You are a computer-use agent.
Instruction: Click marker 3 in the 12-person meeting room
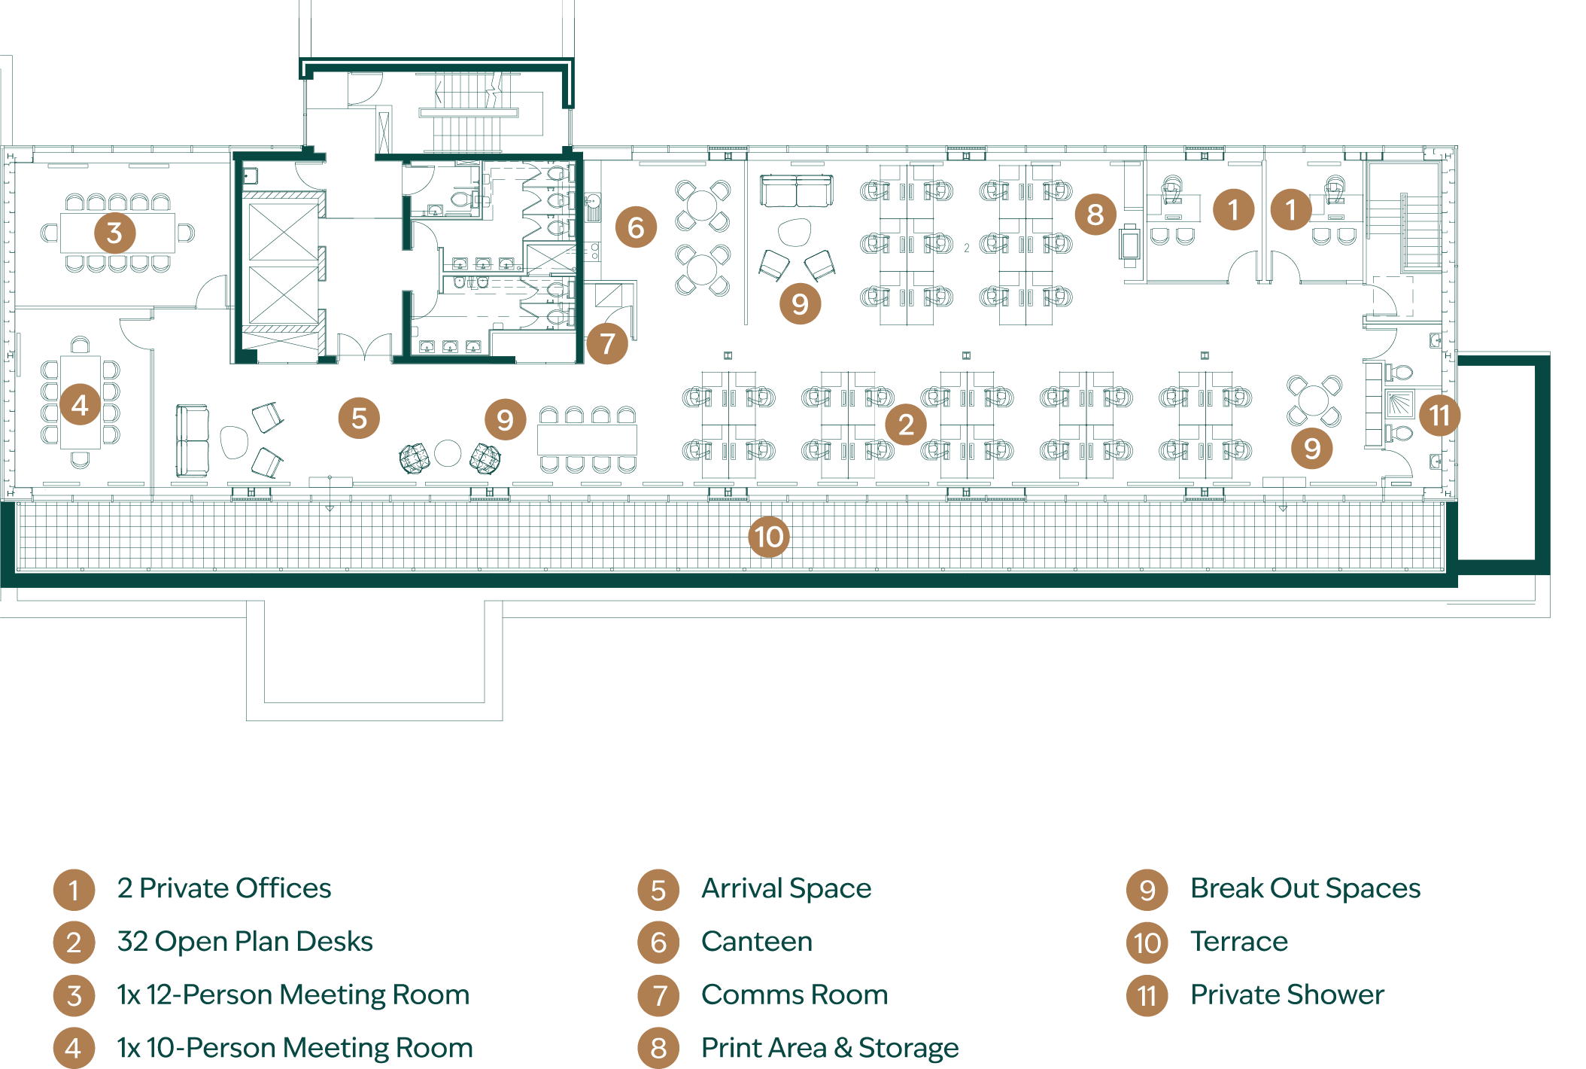114,233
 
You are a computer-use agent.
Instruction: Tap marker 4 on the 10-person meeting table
80,405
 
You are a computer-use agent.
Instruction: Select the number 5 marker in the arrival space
359,418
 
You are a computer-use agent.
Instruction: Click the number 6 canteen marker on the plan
636,227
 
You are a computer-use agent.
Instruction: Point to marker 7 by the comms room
607,343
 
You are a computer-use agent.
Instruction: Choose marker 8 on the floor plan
1095,215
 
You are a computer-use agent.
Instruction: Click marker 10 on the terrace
769,537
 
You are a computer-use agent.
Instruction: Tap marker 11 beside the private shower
1439,415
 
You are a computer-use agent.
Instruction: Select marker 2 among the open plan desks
906,424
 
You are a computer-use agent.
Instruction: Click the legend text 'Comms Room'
795,994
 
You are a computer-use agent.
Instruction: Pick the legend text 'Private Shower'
1287,994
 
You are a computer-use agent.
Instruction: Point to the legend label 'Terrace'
1239,942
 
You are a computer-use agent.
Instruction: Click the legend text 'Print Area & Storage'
830,1047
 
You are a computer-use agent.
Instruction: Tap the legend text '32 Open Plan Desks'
245,942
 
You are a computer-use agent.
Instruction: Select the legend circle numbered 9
1147,890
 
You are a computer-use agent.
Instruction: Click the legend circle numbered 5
658,890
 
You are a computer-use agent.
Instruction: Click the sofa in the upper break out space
796,190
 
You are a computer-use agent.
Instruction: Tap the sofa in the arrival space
192,440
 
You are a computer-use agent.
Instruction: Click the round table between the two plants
448,453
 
